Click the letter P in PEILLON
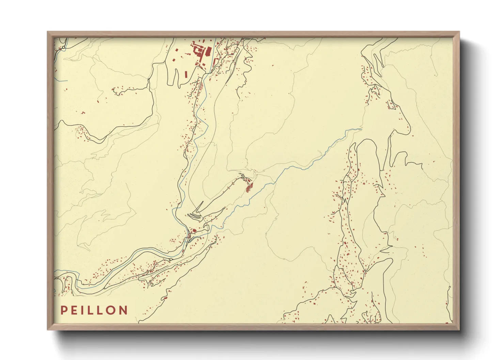(x=64, y=310)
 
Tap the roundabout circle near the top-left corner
(x=64, y=47)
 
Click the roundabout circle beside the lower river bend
(x=170, y=260)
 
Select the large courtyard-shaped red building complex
(x=198, y=50)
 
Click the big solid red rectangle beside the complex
(x=207, y=52)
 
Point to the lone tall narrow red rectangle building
(x=186, y=74)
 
